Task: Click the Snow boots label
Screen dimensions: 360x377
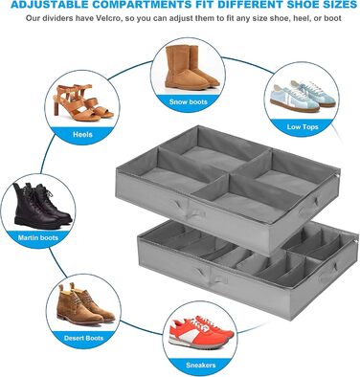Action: tap(189, 102)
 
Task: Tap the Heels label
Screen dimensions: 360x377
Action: tap(82, 134)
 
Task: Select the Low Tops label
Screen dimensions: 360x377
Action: tap(303, 126)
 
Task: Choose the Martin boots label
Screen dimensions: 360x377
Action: tap(38, 237)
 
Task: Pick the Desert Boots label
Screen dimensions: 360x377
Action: tap(83, 338)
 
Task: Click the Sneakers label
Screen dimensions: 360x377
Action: tap(201, 365)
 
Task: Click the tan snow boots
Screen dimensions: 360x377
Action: tap(191, 67)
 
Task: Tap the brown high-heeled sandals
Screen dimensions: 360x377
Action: tap(83, 102)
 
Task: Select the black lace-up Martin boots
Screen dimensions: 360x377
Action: tap(41, 206)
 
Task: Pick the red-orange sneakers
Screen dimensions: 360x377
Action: tap(201, 332)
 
